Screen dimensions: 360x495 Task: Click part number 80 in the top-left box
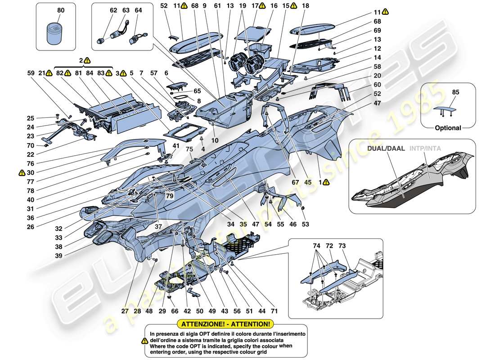61,10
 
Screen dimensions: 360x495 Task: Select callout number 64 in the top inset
138,10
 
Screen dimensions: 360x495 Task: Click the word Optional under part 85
448,128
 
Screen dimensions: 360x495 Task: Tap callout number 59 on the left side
31,72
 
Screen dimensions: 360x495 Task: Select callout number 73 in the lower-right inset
342,246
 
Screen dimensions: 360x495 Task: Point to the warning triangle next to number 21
49,72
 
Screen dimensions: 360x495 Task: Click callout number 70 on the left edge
31,145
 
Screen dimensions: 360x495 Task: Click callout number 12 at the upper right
377,49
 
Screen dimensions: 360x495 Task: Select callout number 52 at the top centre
163,6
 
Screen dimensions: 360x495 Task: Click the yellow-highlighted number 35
243,223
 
